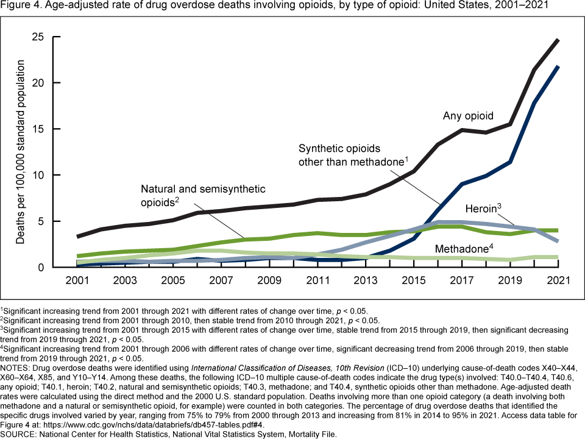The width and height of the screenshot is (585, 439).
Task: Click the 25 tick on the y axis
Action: [38, 37]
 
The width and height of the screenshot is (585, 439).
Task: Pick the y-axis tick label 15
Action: [38, 129]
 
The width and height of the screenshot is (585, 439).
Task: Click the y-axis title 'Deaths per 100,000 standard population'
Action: [20, 152]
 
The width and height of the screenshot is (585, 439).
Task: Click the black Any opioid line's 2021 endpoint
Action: [558, 40]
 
